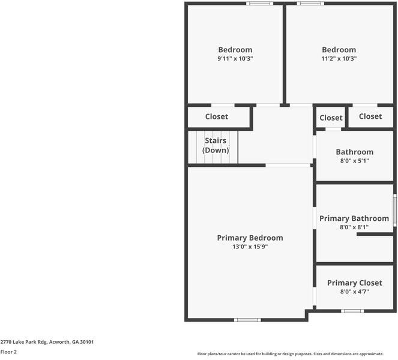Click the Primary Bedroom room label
(250, 238)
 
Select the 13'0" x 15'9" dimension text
(250, 247)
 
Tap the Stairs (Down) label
(215, 145)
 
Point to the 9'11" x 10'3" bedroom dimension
(235, 59)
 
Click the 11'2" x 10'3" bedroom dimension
(339, 59)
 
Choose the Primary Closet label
(354, 283)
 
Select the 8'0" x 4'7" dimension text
(354, 292)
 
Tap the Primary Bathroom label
(354, 218)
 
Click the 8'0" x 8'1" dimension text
(354, 227)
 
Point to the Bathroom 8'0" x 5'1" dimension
(354, 161)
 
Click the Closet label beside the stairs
(217, 116)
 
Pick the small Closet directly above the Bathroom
(331, 118)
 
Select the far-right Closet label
(370, 116)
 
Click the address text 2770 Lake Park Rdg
(47, 341)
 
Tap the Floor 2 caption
(8, 352)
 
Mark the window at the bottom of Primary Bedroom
(247, 320)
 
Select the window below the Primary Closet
(352, 311)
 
